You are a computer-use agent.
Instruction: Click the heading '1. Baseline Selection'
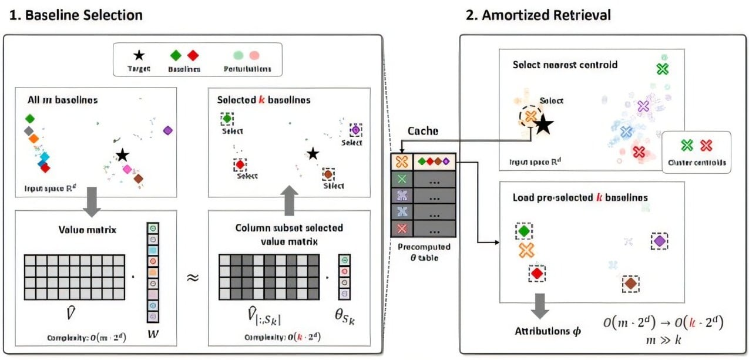(76, 15)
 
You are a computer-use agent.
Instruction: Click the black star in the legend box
(139, 56)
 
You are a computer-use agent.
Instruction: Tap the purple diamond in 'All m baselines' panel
(167, 130)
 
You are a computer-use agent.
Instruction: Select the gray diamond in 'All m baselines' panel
(28, 130)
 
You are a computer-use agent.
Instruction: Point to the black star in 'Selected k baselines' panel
(313, 154)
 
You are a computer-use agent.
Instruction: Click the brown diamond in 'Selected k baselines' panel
(328, 174)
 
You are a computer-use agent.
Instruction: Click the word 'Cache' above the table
(423, 131)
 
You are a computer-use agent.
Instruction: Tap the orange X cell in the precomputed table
(402, 161)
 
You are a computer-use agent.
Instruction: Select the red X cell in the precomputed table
(402, 227)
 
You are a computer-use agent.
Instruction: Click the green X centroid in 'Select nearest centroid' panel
(663, 69)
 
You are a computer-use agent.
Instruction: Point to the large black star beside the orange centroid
(543, 125)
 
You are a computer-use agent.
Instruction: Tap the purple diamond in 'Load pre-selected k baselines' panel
(659, 241)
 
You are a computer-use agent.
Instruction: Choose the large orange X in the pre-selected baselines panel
(526, 251)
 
